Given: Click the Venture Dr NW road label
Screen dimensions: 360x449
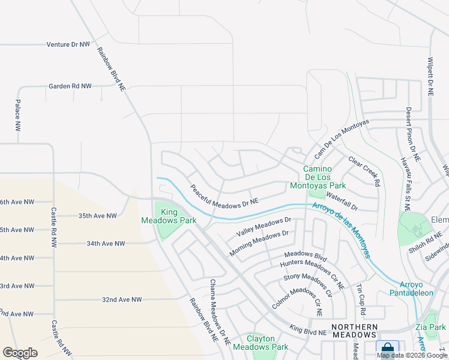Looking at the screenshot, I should coord(68,44).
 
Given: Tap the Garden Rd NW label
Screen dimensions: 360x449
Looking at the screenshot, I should coord(70,86).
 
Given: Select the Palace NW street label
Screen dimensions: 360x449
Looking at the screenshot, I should coord(17,117).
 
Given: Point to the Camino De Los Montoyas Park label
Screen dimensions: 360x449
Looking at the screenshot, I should coord(324,177).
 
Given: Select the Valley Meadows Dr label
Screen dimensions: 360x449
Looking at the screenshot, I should coord(264,227).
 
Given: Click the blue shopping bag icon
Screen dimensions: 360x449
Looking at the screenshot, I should coord(387,349).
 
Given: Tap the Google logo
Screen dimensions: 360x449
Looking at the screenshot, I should coord(20,352).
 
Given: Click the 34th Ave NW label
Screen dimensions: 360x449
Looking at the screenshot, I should coord(106,244).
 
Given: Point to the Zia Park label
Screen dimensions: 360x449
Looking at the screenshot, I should coord(431,327).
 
